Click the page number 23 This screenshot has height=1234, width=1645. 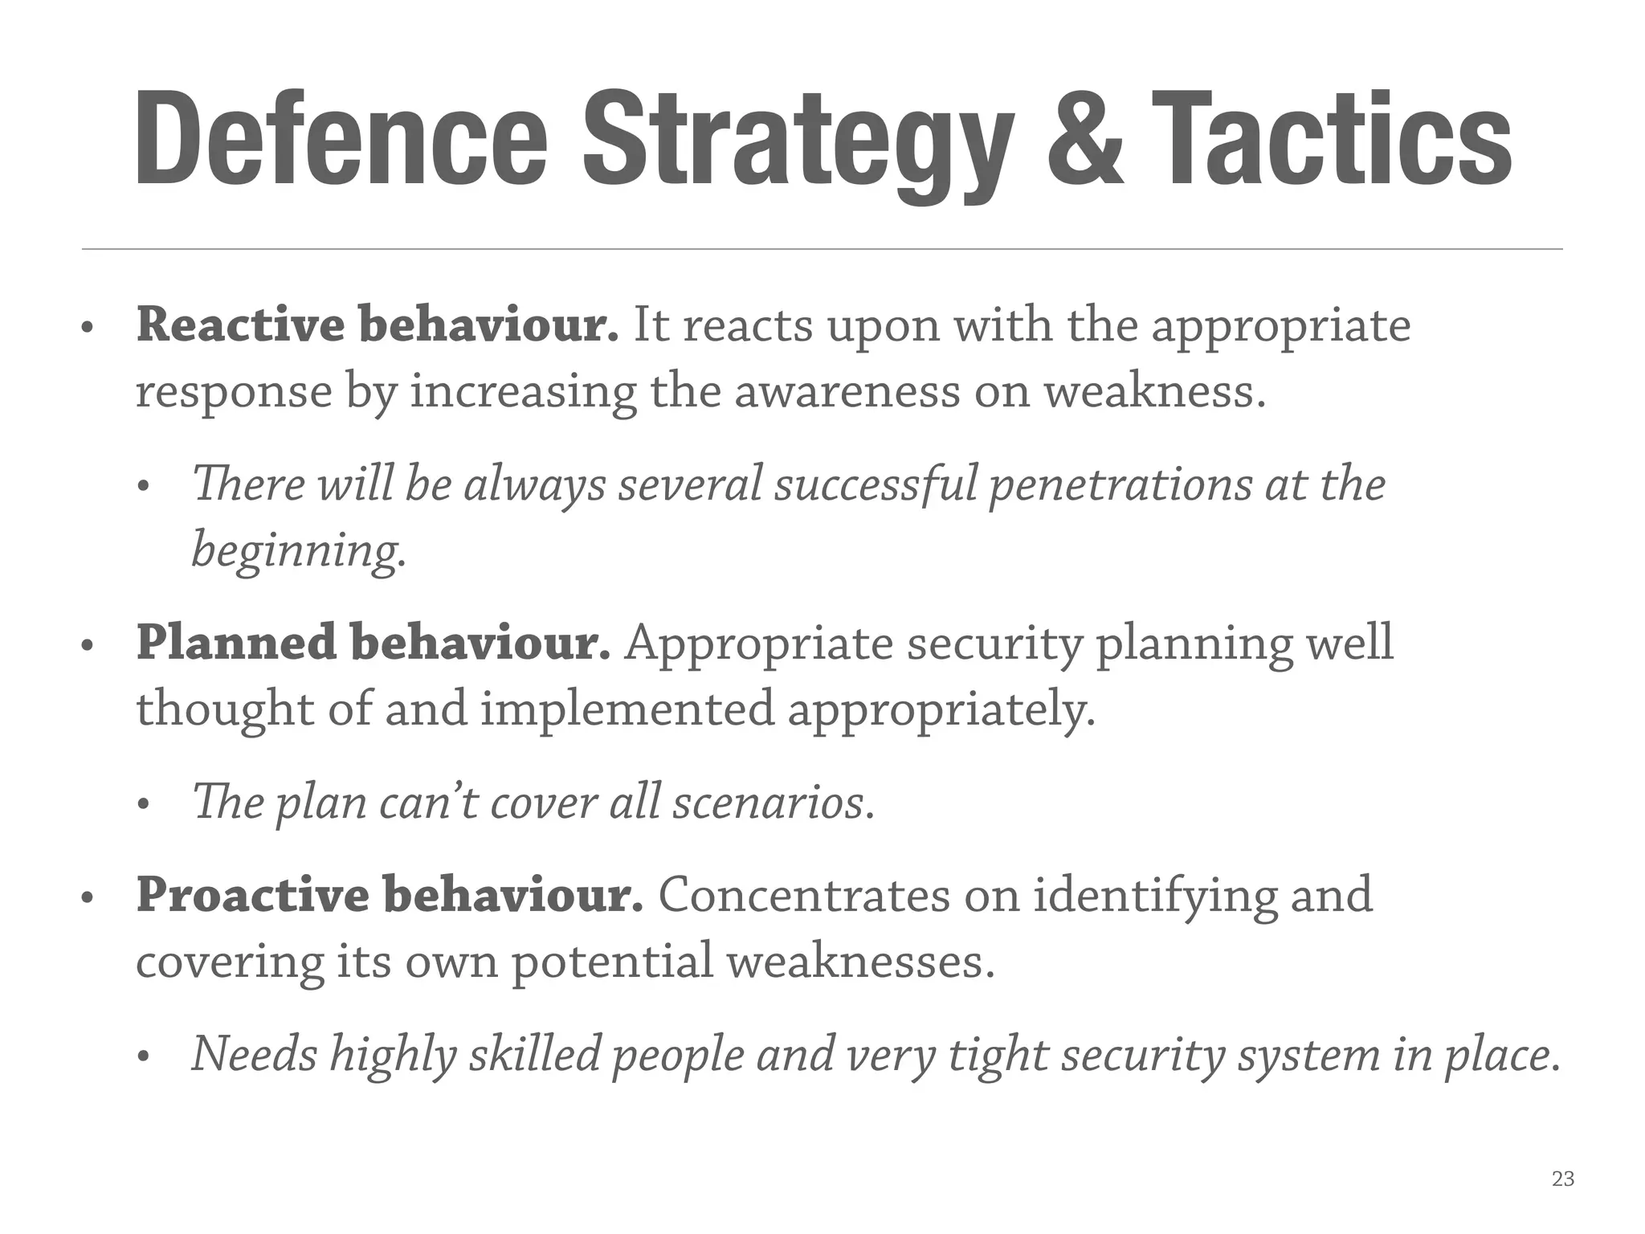pyautogui.click(x=1563, y=1179)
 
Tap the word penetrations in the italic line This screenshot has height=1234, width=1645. pyautogui.click(x=1120, y=484)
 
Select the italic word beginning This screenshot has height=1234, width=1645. pyautogui.click(x=298, y=552)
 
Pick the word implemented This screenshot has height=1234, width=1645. pyautogui.click(x=627, y=709)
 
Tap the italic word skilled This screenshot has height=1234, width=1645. pyautogui.click(x=535, y=1054)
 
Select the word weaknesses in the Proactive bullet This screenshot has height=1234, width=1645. pyautogui.click(x=860, y=961)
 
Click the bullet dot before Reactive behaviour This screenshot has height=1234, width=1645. pyautogui.click(x=88, y=328)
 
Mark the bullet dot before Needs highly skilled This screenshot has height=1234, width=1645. pyautogui.click(x=144, y=1057)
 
